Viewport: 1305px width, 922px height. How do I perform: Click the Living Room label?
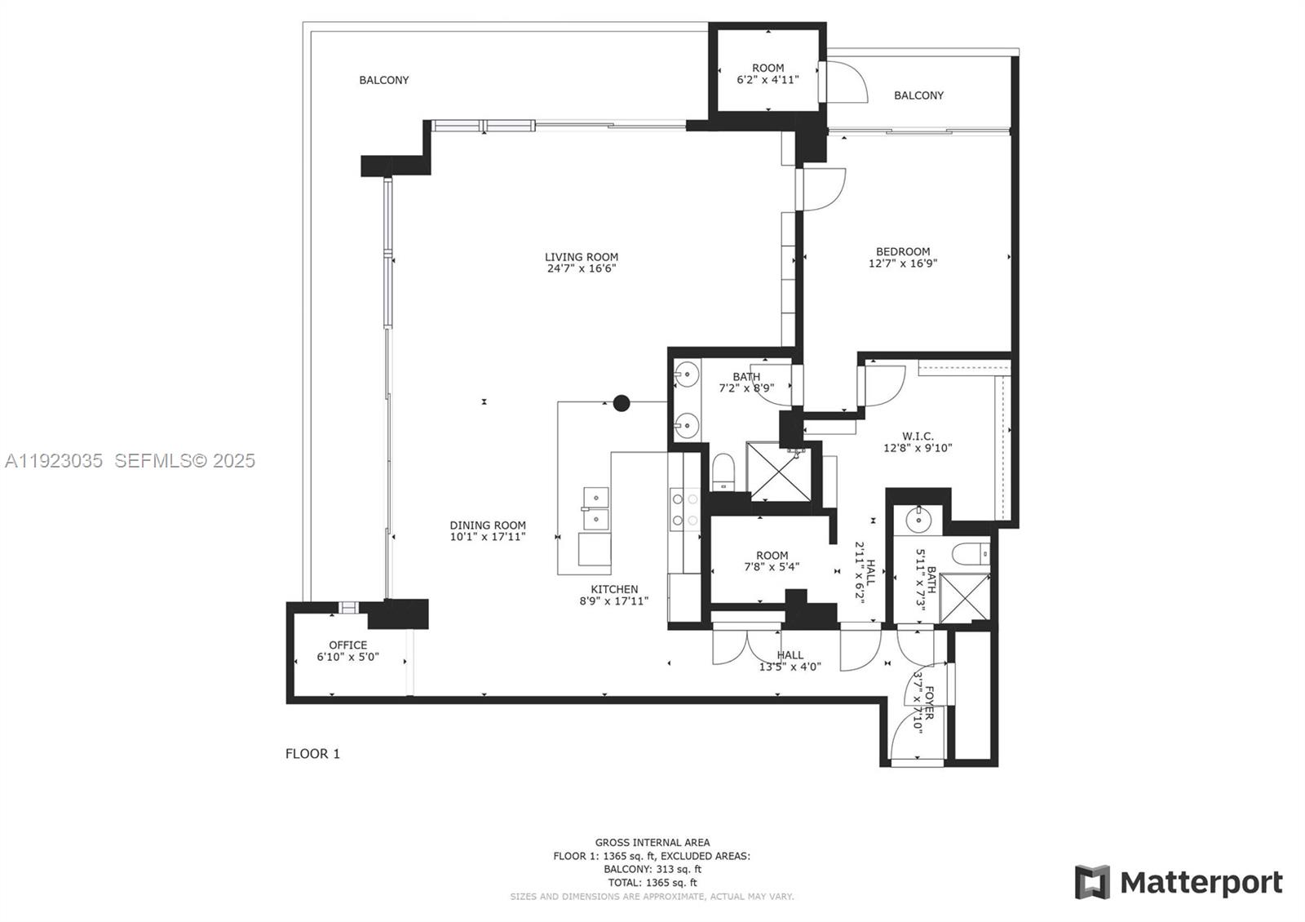point(582,257)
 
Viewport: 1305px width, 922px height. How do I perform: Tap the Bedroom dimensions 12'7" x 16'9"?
point(903,264)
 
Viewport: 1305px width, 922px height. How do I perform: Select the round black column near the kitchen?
point(622,402)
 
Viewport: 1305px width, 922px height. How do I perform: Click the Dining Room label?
point(488,525)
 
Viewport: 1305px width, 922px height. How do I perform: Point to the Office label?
point(348,645)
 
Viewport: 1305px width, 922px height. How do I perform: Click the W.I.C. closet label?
point(918,437)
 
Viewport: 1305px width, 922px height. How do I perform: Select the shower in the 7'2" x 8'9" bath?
point(776,472)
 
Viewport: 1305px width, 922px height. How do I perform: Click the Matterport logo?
point(1179,883)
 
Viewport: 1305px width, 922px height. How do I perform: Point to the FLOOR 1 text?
point(312,754)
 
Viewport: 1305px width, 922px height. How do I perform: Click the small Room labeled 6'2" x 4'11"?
point(768,69)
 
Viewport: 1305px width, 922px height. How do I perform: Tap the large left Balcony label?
point(384,80)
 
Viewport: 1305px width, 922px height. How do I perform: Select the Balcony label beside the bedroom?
point(918,95)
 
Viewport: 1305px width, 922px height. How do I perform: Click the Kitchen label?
point(614,589)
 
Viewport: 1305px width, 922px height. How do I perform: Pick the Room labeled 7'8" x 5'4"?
point(772,556)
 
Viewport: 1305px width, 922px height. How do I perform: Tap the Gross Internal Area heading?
point(652,842)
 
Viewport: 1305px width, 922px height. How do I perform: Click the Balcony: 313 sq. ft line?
point(652,869)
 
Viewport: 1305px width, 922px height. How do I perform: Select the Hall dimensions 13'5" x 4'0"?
point(790,667)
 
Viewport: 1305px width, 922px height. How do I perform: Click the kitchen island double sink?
point(596,508)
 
